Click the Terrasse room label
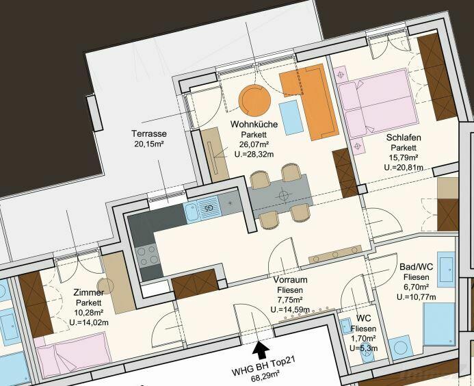click(149, 133)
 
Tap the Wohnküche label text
click(254, 124)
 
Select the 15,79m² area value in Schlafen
click(404, 157)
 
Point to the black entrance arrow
click(261, 350)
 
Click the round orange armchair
click(254, 100)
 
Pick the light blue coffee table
click(291, 117)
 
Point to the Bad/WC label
click(416, 266)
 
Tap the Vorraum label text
click(290, 279)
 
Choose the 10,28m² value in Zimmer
click(89, 312)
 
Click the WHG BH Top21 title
click(263, 365)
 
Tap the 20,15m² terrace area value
click(149, 144)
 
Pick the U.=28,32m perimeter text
click(254, 154)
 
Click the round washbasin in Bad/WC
click(401, 347)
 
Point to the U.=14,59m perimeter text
click(290, 309)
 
